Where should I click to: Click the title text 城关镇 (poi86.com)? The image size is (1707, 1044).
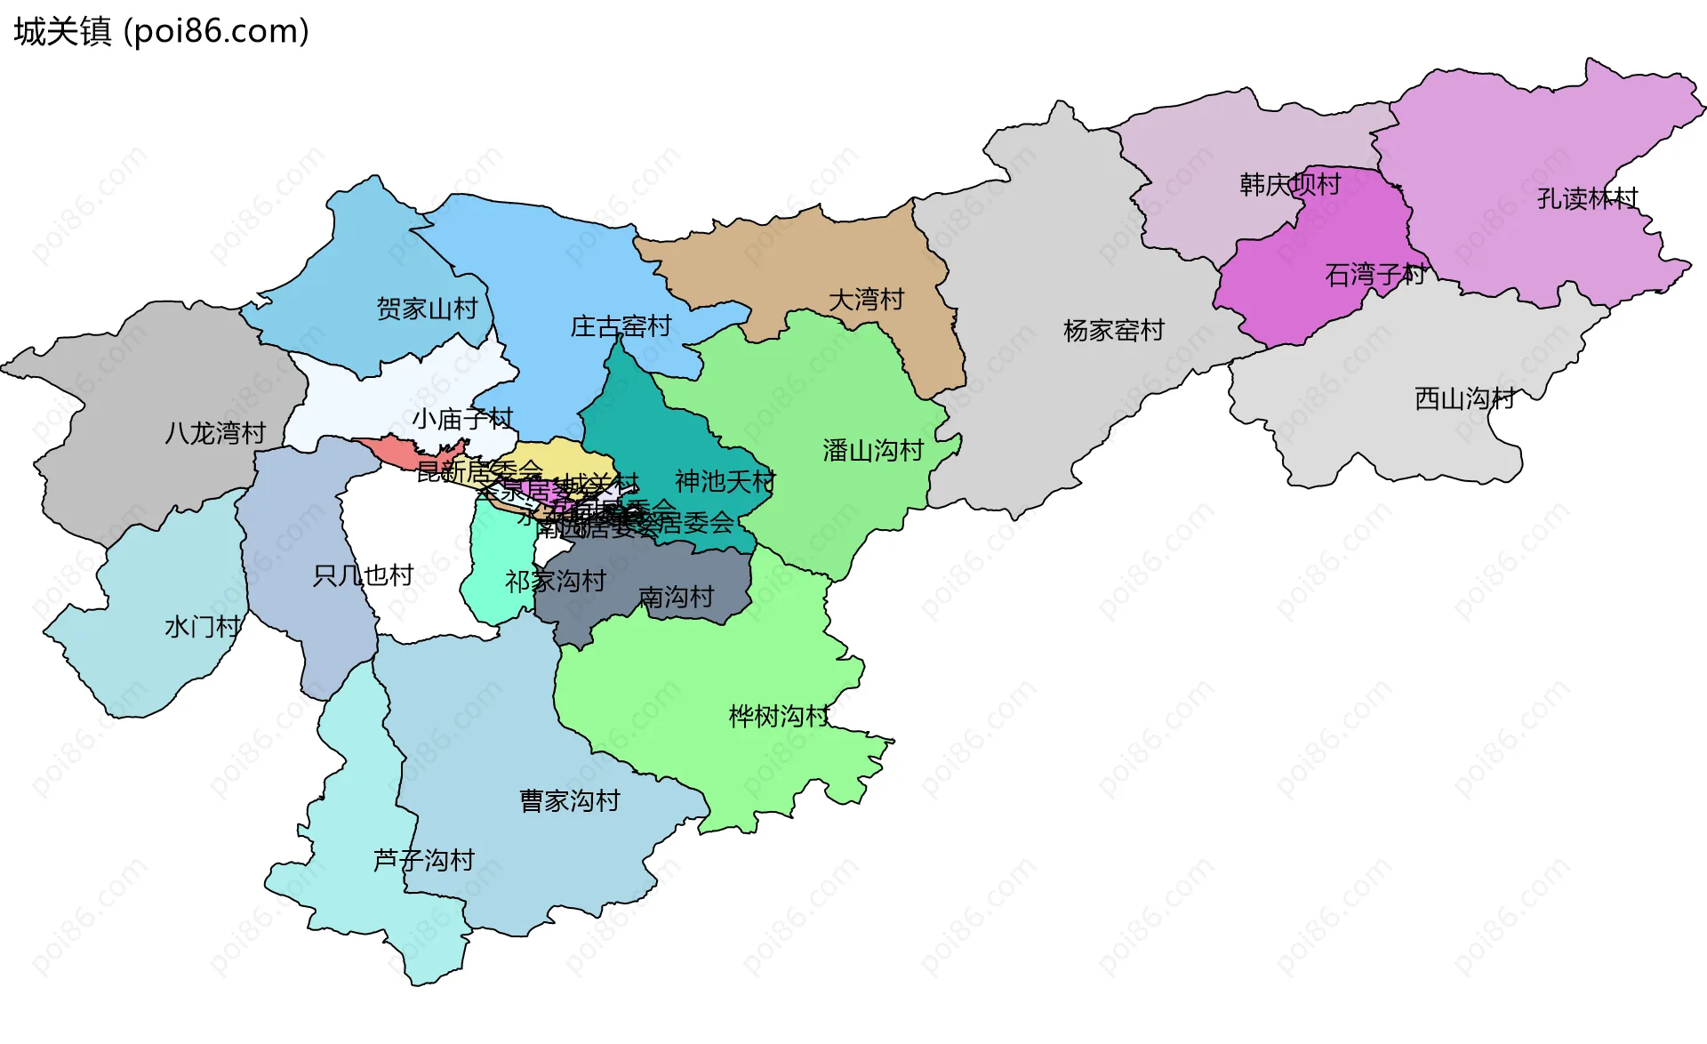coord(161,32)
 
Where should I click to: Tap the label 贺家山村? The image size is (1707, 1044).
coord(427,309)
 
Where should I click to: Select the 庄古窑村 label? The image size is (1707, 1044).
coord(621,326)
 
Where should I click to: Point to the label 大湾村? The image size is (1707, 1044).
coord(866,300)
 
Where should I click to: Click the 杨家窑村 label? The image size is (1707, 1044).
coord(1113,331)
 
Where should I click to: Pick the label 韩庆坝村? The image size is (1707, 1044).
coord(1290,185)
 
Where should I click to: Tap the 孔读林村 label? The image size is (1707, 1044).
coord(1587,198)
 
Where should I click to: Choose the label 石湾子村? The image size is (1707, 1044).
coord(1374,275)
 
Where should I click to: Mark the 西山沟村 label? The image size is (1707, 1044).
coord(1464,398)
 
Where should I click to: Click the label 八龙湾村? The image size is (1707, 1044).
coord(215,433)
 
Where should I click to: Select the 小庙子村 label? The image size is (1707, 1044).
coord(462,419)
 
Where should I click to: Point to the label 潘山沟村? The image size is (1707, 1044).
coord(873,451)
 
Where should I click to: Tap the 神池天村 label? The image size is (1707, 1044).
coord(725,481)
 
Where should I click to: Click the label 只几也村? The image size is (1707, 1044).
coord(363,575)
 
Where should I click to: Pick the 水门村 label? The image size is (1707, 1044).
coord(203,627)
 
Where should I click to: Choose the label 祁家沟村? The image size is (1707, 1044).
coord(556,582)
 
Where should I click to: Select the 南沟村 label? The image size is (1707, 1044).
coord(676,597)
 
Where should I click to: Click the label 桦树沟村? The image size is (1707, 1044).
coord(779,716)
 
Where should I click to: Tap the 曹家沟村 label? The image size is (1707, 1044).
coord(569,801)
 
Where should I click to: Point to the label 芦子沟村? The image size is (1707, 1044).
coord(423,860)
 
